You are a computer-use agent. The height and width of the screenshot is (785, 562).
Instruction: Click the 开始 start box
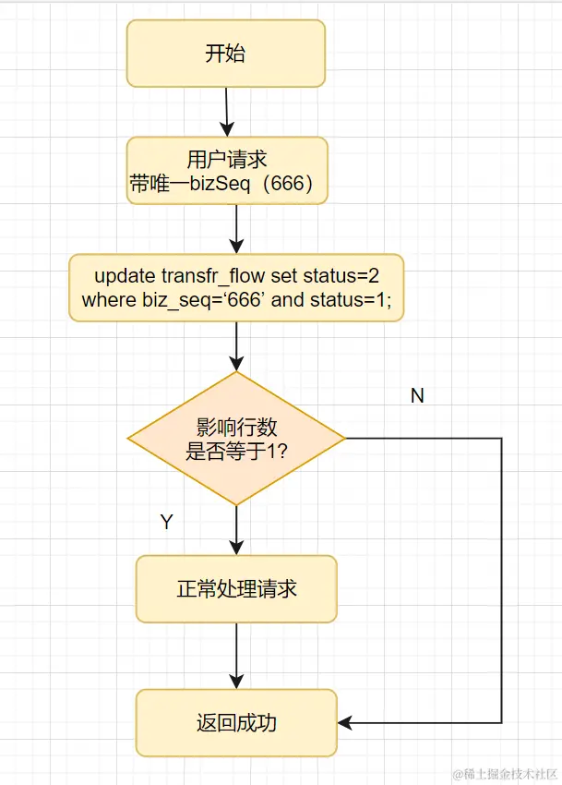point(225,54)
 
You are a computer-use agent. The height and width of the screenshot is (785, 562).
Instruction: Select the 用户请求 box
point(227,171)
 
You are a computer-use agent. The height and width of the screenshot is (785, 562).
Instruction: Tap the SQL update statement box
point(236,287)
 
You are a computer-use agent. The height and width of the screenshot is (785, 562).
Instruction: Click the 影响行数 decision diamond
point(236,439)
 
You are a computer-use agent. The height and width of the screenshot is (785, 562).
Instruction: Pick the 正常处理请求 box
point(236,589)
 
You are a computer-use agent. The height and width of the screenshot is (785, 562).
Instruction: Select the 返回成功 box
point(236,722)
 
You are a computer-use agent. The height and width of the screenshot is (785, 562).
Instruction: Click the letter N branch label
point(417,395)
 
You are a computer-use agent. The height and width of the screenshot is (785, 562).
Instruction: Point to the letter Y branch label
point(166,523)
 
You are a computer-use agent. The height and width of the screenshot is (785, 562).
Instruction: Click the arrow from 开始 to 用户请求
point(225,111)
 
